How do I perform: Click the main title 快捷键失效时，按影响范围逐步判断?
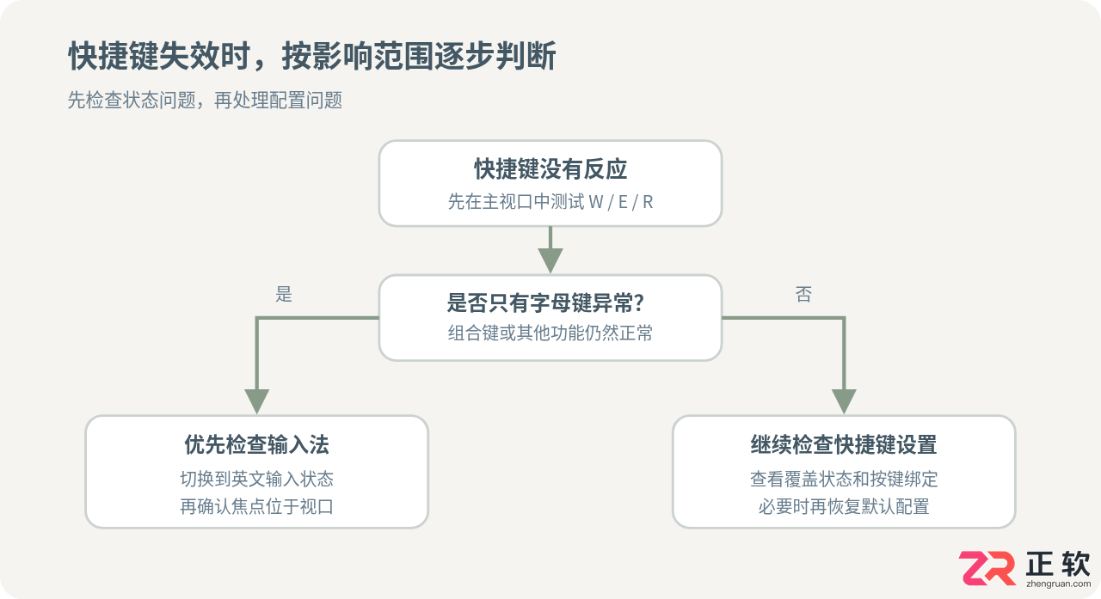click(x=312, y=56)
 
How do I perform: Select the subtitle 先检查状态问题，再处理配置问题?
click(x=205, y=101)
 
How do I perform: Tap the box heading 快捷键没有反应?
click(x=550, y=169)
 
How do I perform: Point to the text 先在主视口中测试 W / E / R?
click(x=550, y=202)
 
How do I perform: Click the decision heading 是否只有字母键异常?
click(x=545, y=303)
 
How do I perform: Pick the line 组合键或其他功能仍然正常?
click(x=550, y=333)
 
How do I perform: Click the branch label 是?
click(x=284, y=294)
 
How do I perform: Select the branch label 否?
click(x=803, y=294)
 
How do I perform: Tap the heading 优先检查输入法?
click(x=256, y=445)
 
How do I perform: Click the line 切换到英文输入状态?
click(x=256, y=479)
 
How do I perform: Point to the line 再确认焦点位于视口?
click(x=256, y=506)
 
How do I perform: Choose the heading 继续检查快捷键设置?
click(x=844, y=445)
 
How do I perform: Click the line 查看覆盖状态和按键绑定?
click(x=844, y=479)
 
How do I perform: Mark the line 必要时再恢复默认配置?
click(x=844, y=506)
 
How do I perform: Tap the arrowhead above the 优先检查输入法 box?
click(x=256, y=401)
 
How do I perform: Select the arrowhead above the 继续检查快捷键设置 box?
click(x=844, y=401)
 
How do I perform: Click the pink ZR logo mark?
click(x=987, y=568)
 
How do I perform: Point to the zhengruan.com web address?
click(x=1058, y=584)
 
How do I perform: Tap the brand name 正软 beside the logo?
click(x=1058, y=563)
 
